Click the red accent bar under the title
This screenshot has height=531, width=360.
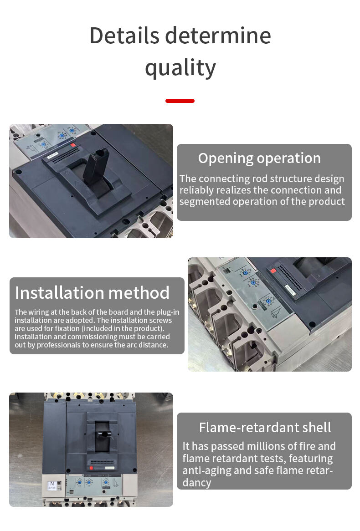click(x=180, y=101)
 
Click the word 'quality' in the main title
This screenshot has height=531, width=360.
click(x=180, y=68)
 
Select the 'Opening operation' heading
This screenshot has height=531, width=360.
click(x=259, y=158)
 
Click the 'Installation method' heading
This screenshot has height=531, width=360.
click(x=92, y=292)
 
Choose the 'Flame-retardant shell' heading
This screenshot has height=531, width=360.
click(x=265, y=427)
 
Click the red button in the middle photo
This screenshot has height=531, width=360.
click(x=273, y=271)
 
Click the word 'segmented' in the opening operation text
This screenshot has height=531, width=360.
click(x=205, y=201)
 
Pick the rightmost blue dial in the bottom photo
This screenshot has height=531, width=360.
click(x=106, y=482)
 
